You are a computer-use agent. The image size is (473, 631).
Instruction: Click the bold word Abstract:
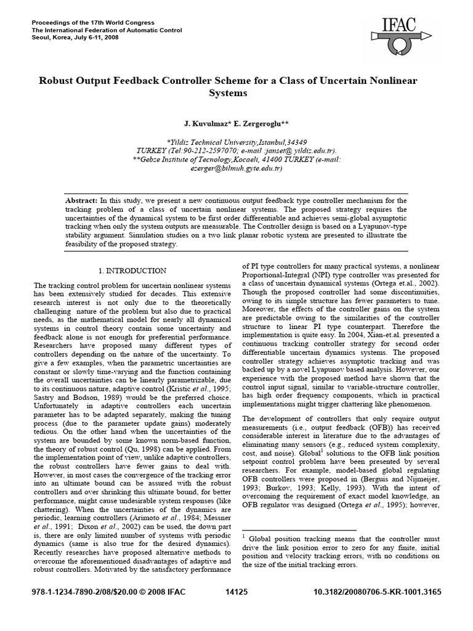pos(82,201)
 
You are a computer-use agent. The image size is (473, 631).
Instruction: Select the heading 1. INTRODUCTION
pos(132,271)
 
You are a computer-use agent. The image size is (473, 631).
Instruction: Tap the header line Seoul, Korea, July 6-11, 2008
pos(75,38)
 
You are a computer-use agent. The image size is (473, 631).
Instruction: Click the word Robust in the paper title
pos(57,81)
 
